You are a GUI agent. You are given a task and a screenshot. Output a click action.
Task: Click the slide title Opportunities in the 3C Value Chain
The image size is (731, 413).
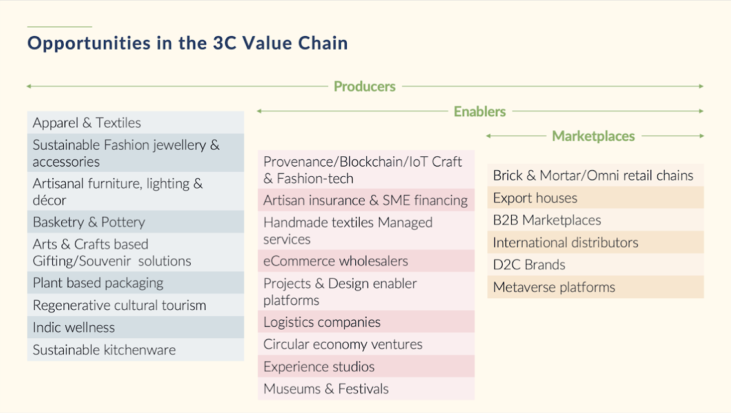[188, 43]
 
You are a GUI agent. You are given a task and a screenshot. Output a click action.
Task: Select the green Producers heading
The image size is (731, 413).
[365, 86]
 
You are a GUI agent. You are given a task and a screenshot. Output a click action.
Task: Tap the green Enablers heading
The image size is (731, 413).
[480, 112]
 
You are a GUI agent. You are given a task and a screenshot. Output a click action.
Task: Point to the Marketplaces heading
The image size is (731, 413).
[594, 136]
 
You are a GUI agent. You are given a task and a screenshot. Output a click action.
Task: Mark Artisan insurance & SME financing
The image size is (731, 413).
[365, 200]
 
